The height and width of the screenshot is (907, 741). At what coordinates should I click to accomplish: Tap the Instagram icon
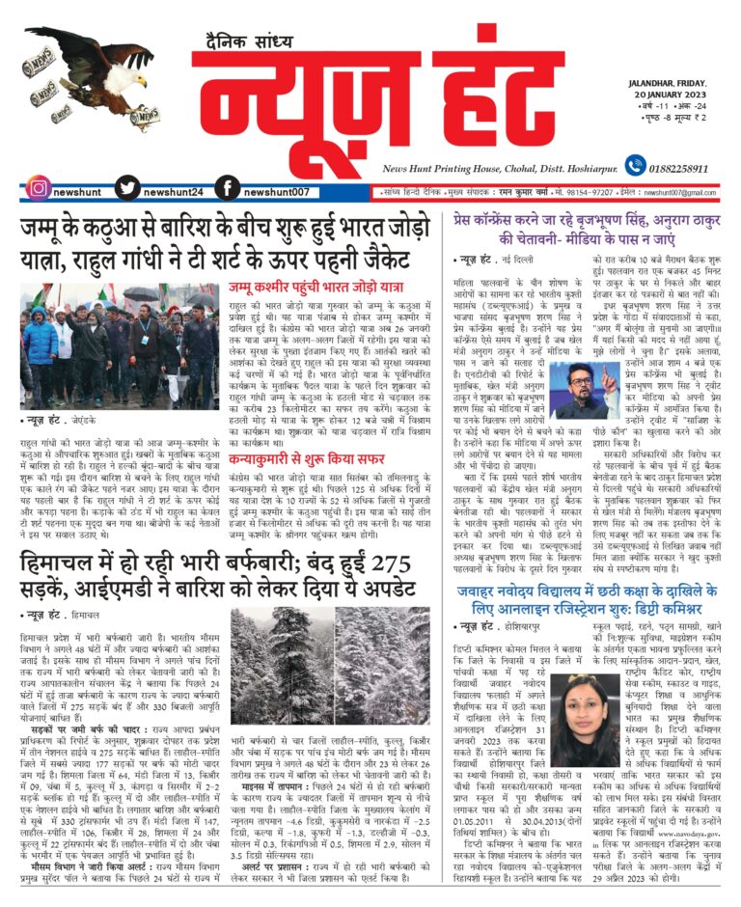pos(38,188)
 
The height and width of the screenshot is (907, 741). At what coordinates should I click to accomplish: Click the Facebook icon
pos(227,188)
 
